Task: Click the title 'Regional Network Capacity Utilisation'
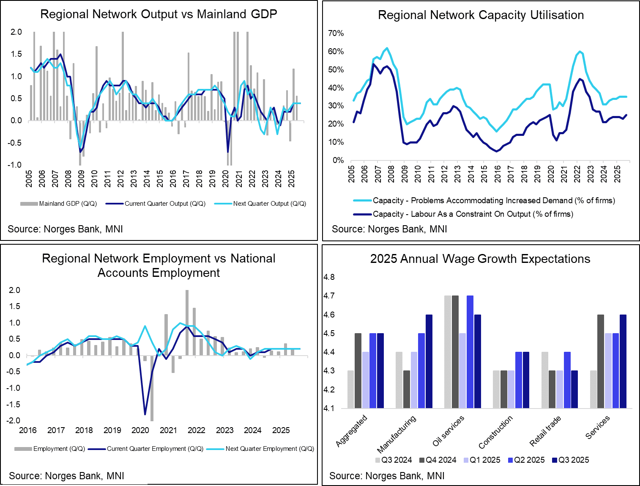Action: coord(481,15)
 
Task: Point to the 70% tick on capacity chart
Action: coord(336,33)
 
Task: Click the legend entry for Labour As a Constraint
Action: coord(473,214)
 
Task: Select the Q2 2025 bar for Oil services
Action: coord(470,352)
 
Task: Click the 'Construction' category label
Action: coord(495,432)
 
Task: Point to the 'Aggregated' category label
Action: coord(351,431)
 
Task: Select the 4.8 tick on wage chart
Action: coord(329,277)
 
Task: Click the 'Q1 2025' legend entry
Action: coord(485,460)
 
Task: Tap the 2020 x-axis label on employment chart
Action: coord(140,431)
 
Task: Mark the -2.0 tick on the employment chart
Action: coord(14,421)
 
